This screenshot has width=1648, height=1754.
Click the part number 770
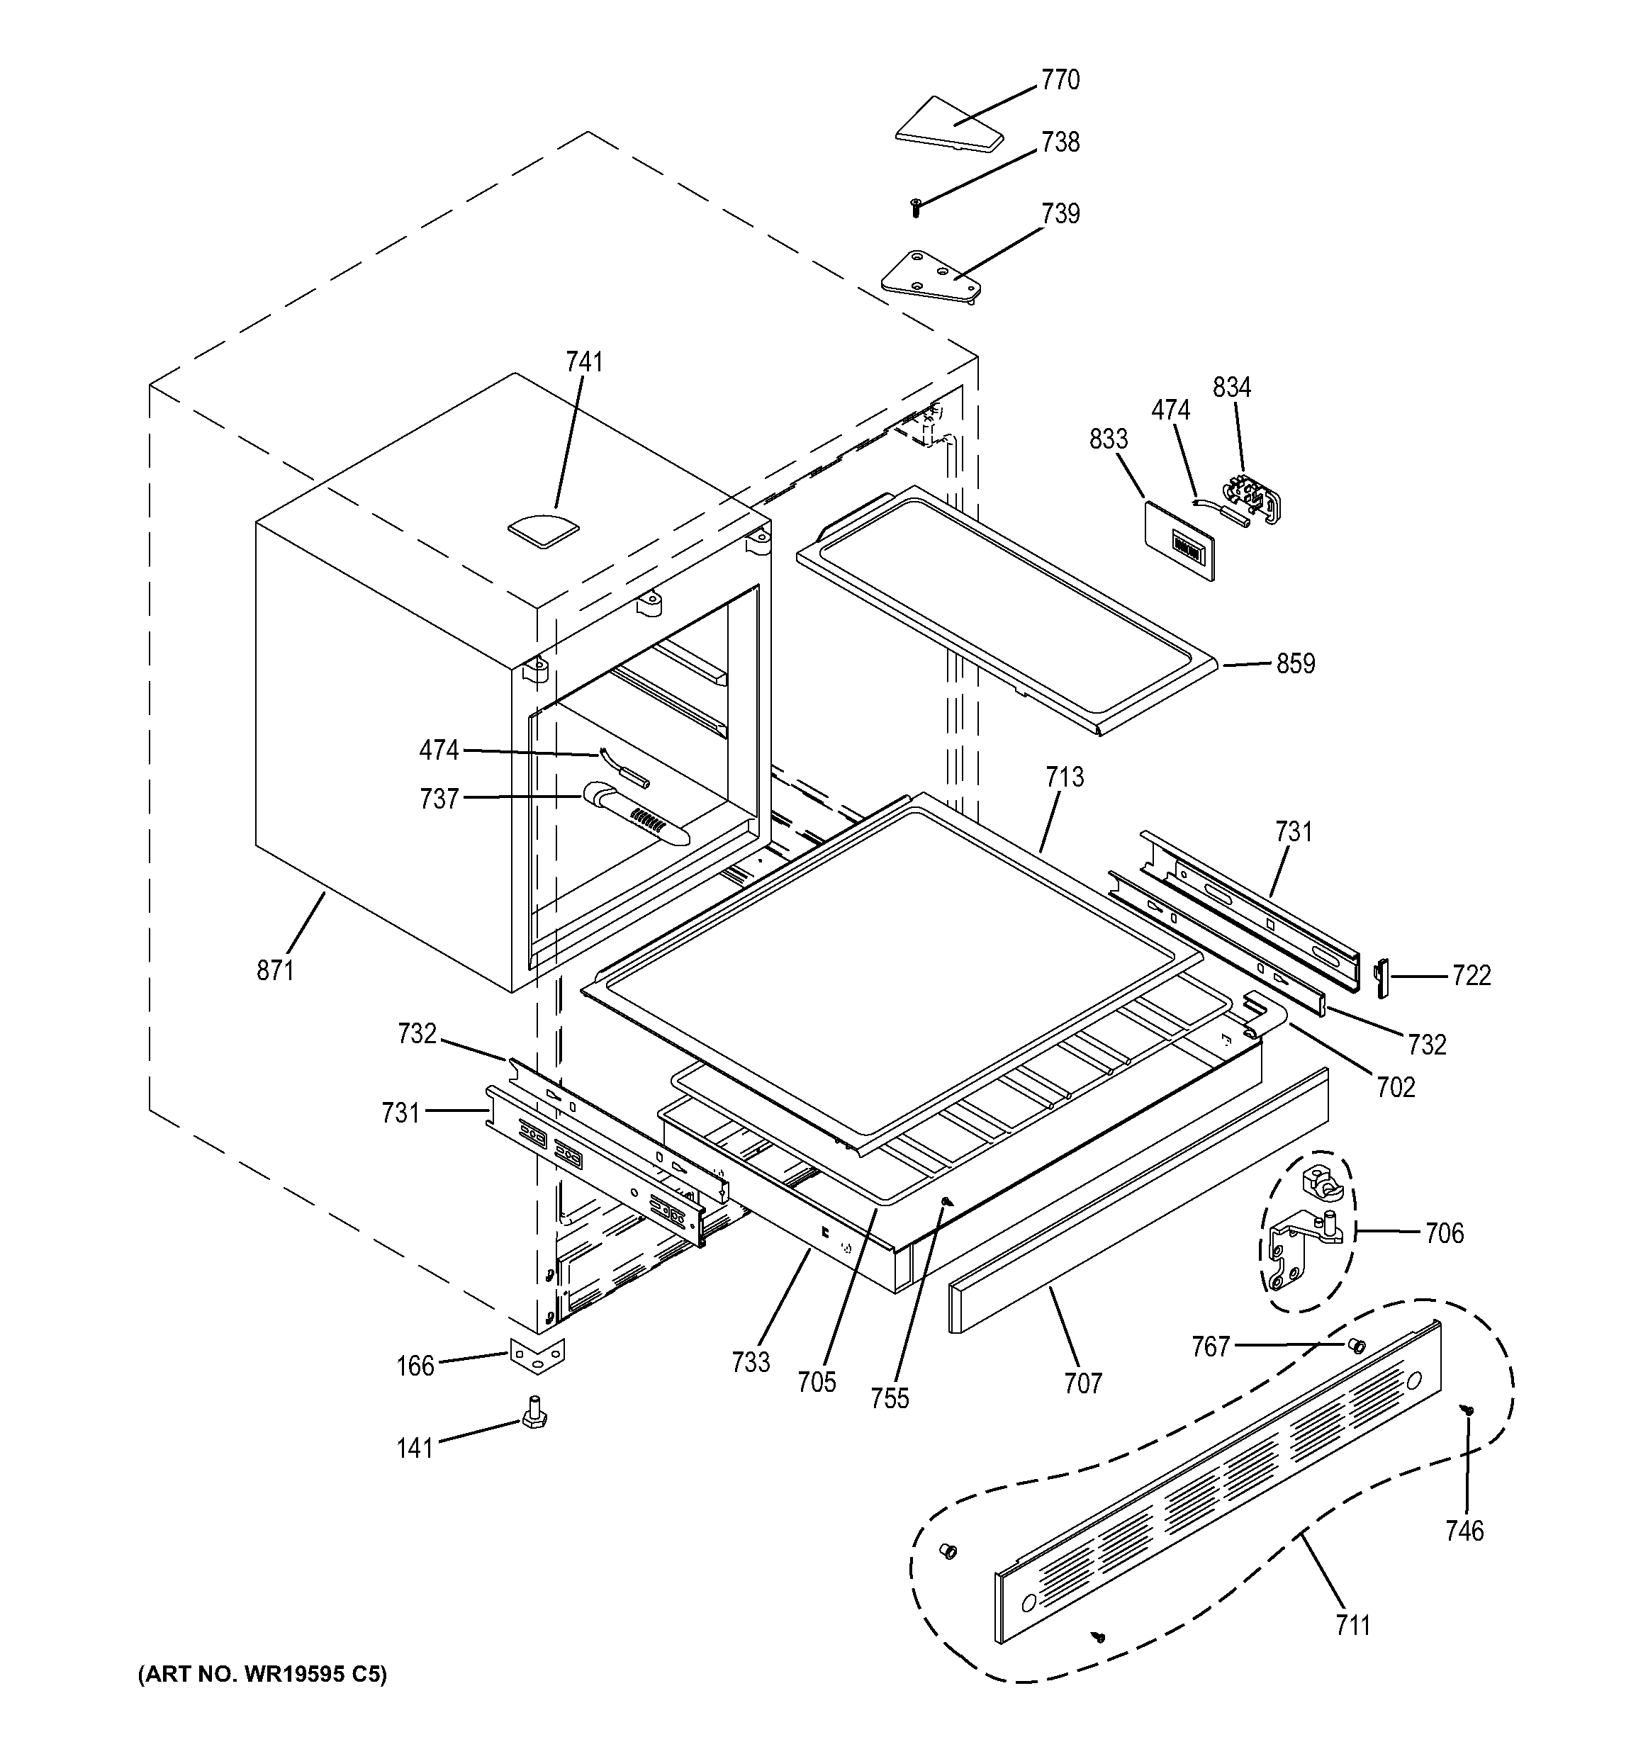click(1060, 80)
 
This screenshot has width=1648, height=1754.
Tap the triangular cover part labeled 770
click(948, 123)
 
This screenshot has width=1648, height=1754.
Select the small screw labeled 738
click(916, 208)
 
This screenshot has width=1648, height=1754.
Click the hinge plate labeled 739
click(930, 276)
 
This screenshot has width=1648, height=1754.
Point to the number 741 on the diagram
click(584, 361)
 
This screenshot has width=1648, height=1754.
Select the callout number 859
click(1295, 663)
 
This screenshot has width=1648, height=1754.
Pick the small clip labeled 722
click(1381, 977)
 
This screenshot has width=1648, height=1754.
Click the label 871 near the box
click(275, 970)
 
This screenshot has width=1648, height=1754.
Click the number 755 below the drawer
click(890, 1398)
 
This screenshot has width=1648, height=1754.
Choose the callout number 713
click(1065, 777)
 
